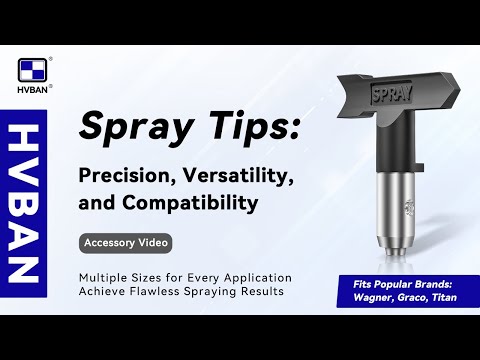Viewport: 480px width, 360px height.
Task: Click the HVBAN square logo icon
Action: tap(33, 73)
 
